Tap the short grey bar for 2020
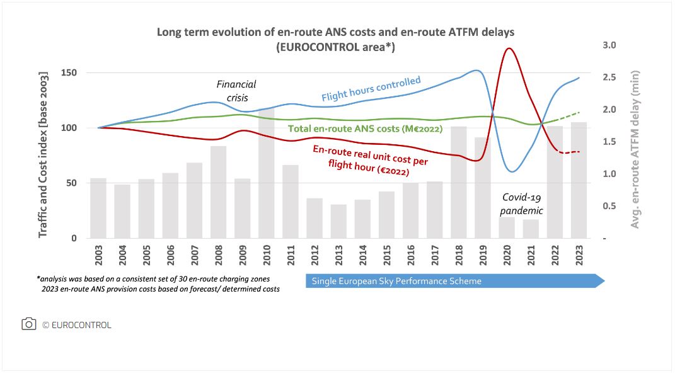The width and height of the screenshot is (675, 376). [507, 227]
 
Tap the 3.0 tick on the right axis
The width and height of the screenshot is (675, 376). [609, 45]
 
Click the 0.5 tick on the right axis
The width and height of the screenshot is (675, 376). [609, 207]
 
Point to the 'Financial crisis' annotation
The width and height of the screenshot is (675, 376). [236, 91]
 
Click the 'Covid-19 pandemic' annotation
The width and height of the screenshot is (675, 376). [522, 203]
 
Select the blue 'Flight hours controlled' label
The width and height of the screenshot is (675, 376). [371, 89]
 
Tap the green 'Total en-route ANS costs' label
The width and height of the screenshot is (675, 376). [365, 129]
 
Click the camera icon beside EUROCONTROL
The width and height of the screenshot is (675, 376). [29, 324]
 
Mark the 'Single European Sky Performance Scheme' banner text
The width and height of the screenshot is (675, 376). [396, 281]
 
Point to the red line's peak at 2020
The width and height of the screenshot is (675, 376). [509, 48]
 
